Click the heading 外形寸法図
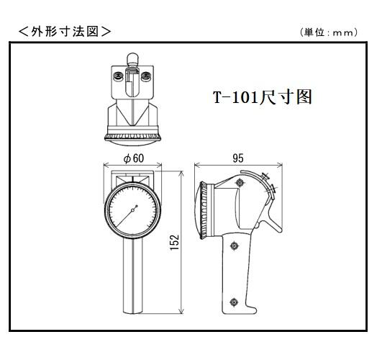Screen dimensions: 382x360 pyautogui.click(x=65, y=32)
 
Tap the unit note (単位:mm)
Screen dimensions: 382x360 pyautogui.click(x=329, y=32)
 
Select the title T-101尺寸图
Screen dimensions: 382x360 pyautogui.click(x=263, y=97)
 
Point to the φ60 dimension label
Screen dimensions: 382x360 pyautogui.click(x=134, y=158)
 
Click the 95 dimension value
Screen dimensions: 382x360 pyautogui.click(x=238, y=158)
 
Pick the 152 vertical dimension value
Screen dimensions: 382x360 pyautogui.click(x=174, y=242)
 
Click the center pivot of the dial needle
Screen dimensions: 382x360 pyautogui.click(x=133, y=210)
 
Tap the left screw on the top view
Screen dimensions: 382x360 pyautogui.click(x=119, y=76)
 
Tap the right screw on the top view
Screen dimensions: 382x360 pyautogui.click(x=146, y=76)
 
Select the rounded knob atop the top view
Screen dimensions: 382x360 pyautogui.click(x=132, y=58)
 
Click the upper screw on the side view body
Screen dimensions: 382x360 pyautogui.click(x=240, y=182)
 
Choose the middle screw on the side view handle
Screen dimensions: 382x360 pyautogui.click(x=235, y=246)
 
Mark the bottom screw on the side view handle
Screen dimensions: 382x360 pyautogui.click(x=234, y=302)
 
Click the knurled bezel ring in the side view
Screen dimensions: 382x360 pyautogui.click(x=204, y=210)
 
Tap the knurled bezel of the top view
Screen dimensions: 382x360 pyautogui.click(x=132, y=137)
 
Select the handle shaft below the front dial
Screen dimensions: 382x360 pyautogui.click(x=133, y=276)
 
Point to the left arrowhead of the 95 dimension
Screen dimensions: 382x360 pyautogui.click(x=197, y=165)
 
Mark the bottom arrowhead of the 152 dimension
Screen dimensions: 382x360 pyautogui.click(x=181, y=311)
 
